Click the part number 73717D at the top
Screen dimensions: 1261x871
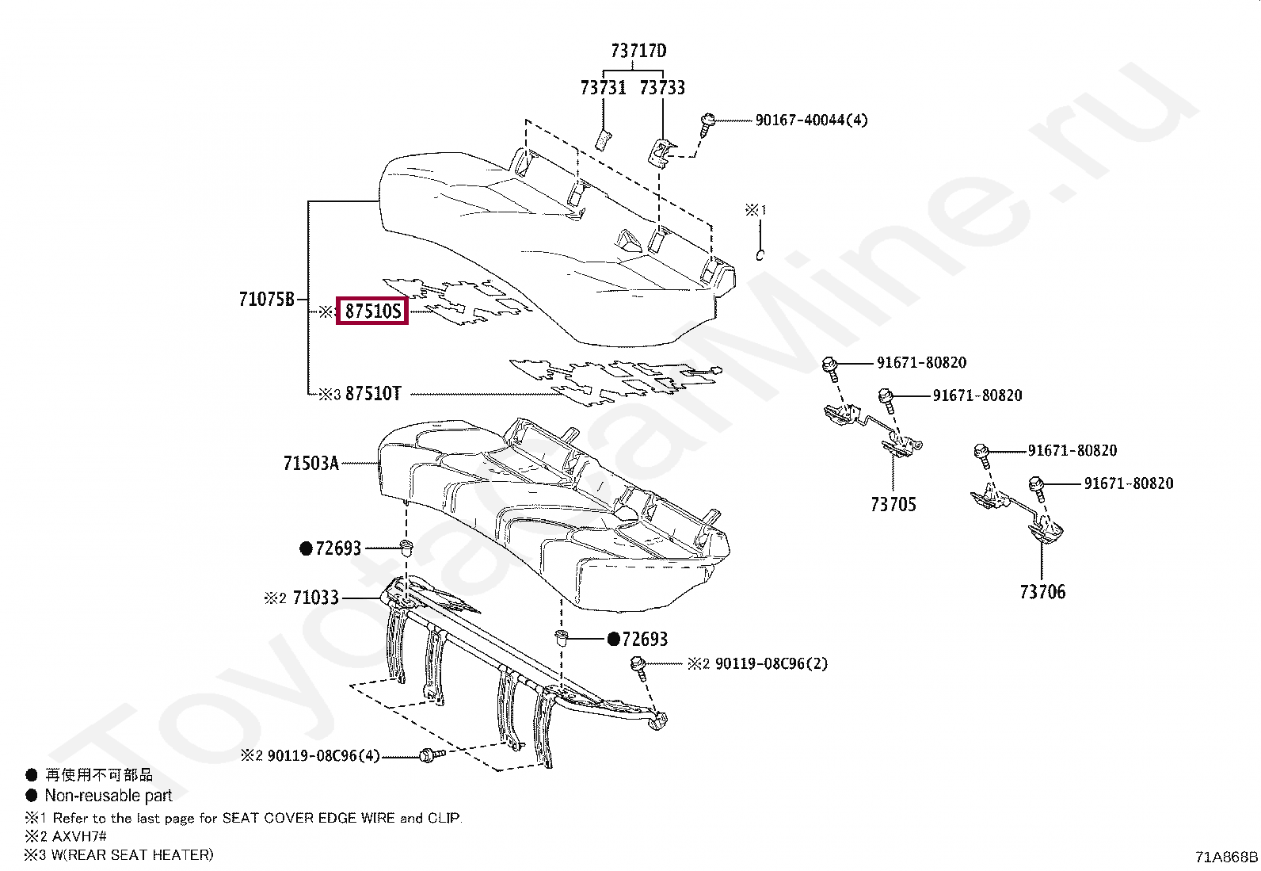[638, 52]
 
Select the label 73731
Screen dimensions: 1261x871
[603, 88]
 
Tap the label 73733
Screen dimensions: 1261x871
[662, 88]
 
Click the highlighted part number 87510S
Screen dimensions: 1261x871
[373, 311]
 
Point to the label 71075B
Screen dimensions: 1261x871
[266, 300]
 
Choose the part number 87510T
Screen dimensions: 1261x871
[373, 394]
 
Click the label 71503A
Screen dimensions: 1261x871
[310, 463]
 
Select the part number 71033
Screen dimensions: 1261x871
[315, 598]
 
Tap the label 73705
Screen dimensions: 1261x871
[893, 505]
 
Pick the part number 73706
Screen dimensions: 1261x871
[1042, 592]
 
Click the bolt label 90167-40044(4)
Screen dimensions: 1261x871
[811, 120]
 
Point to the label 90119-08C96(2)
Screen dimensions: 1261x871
[771, 663]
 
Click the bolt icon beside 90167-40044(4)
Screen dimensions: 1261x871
[707, 122]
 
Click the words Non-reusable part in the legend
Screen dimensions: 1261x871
[108, 796]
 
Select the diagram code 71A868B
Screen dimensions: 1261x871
[1226, 857]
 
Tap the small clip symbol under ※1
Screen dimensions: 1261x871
[759, 254]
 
